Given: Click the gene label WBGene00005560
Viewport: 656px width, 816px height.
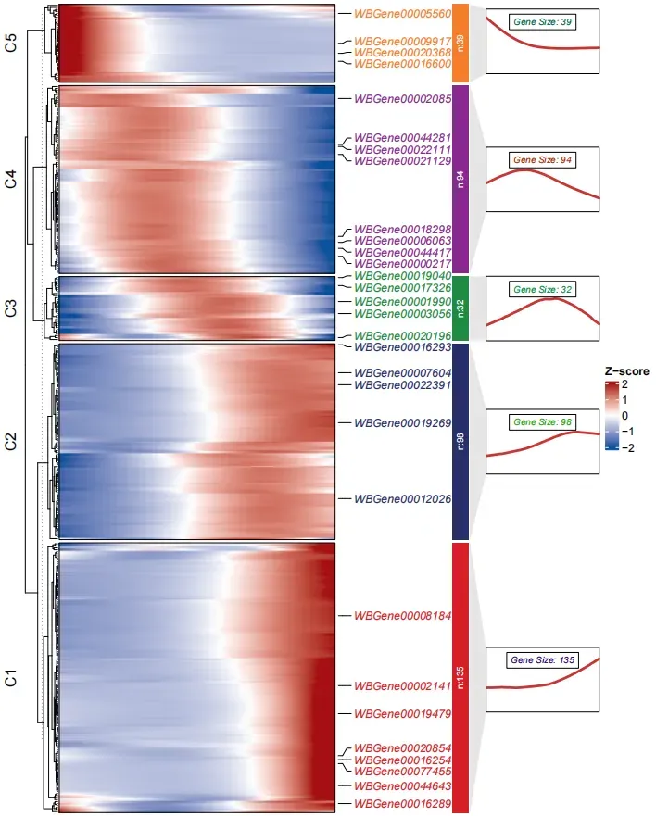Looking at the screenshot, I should point(402,14).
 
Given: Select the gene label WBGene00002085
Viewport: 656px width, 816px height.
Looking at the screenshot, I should point(402,99).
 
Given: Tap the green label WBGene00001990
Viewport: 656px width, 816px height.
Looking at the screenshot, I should point(402,302).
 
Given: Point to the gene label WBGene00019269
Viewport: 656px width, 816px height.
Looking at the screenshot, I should point(402,423).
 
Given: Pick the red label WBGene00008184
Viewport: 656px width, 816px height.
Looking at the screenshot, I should point(402,615).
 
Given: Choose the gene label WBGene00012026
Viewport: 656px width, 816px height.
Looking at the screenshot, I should point(402,499).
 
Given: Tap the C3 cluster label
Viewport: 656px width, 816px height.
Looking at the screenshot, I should point(11,308).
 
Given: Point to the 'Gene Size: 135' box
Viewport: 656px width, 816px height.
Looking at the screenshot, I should point(542,660).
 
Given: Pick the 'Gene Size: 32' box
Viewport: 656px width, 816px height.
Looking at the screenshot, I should point(542,290).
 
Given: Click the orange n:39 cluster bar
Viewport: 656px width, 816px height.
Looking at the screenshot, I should point(460,41).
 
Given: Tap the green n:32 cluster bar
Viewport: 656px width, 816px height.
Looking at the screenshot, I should point(460,308).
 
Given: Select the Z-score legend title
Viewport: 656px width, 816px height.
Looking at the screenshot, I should point(626,371).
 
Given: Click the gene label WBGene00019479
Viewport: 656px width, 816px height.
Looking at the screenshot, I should point(402,714).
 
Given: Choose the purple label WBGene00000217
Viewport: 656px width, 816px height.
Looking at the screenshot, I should point(402,264).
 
